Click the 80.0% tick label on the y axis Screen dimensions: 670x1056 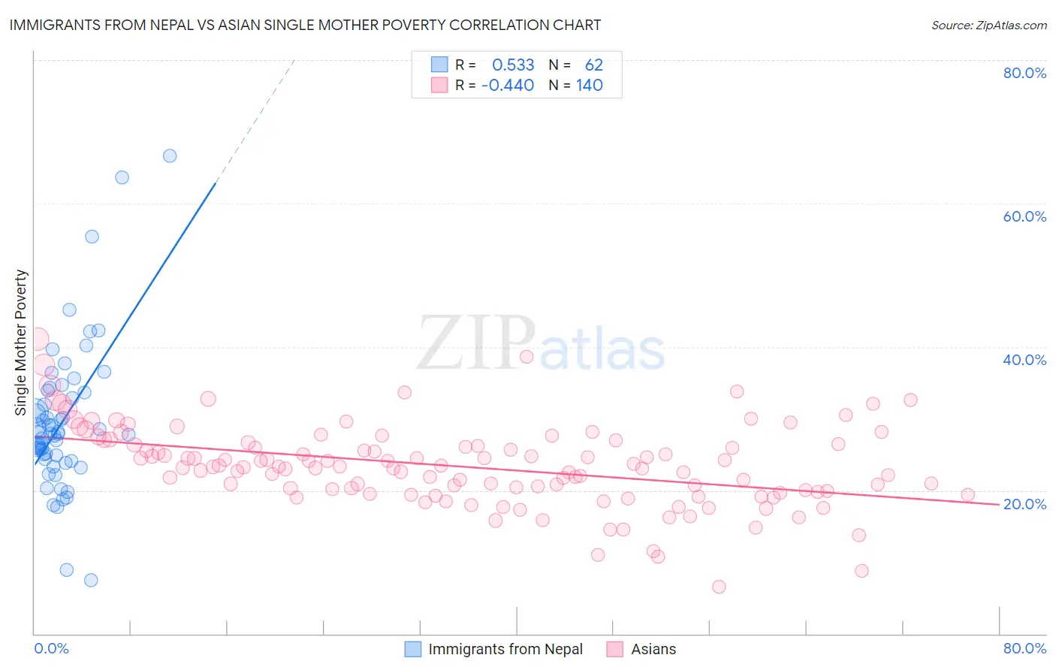(x=1024, y=73)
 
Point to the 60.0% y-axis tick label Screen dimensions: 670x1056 (x=1024, y=216)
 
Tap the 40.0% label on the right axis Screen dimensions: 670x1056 (x=1024, y=360)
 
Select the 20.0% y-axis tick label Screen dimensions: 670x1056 (x=1024, y=504)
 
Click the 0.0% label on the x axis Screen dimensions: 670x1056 (x=51, y=648)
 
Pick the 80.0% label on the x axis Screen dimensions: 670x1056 (x=1024, y=648)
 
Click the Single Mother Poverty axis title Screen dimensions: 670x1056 (x=21, y=343)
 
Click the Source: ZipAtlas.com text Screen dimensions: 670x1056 (x=988, y=26)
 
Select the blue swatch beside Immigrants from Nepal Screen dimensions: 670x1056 (x=413, y=649)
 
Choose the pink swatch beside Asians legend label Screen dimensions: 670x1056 (x=615, y=649)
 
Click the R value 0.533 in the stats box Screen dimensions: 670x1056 (x=513, y=65)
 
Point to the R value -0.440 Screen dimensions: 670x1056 (x=508, y=85)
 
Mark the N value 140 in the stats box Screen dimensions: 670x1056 (x=590, y=85)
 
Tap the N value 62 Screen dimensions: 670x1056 (x=593, y=65)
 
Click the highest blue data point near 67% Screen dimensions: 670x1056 (x=170, y=155)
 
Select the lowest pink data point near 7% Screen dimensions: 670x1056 (x=719, y=587)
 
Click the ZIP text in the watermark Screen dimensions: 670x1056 (x=476, y=343)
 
